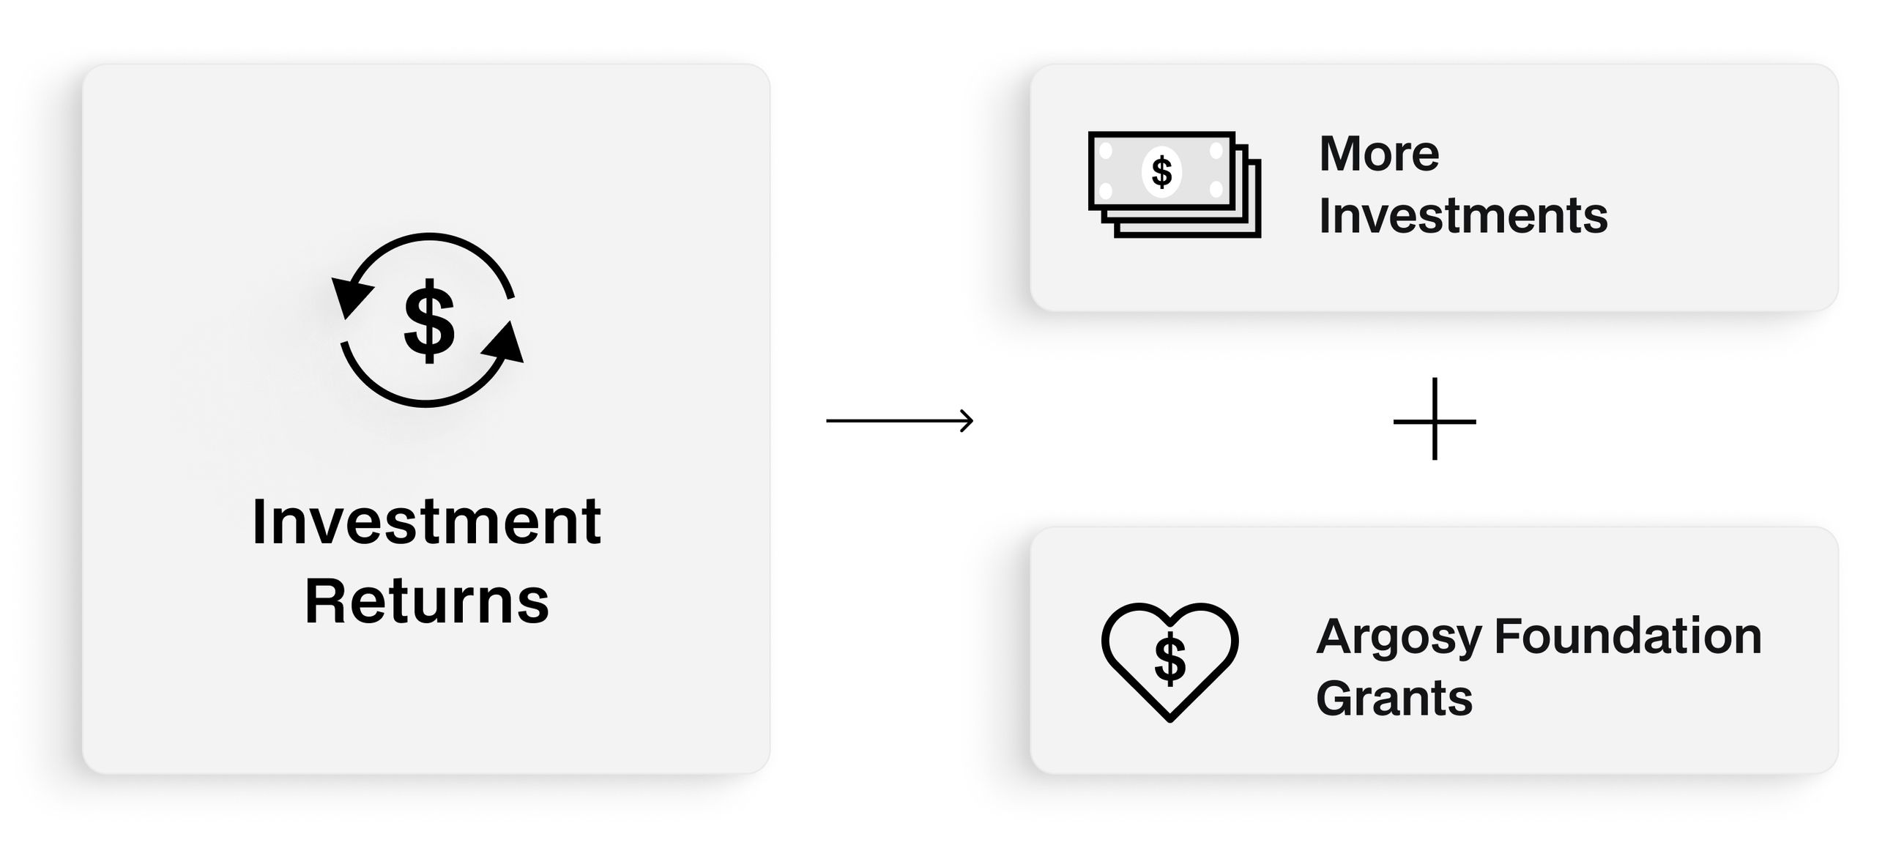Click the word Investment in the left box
point(426,522)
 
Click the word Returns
point(426,601)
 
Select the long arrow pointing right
point(898,420)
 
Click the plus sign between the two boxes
point(1434,420)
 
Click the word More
point(1378,154)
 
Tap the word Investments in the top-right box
point(1462,216)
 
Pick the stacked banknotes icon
point(1174,184)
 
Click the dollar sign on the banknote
point(1161,171)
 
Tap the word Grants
point(1394,699)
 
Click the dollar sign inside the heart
point(1169,658)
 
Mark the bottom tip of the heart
point(1169,718)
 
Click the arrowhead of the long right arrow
point(967,420)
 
